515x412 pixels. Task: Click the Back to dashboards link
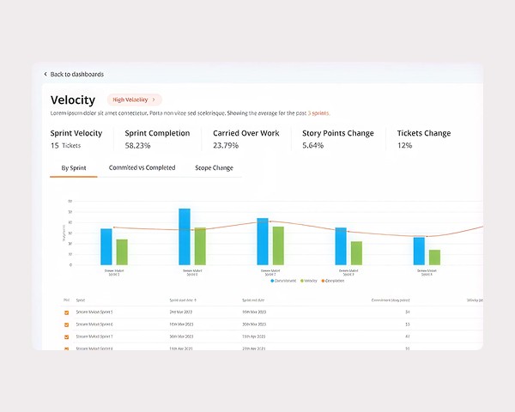click(76, 75)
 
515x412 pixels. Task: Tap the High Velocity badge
click(133, 100)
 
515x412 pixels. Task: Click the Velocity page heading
click(72, 100)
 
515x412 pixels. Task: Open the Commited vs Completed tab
click(142, 168)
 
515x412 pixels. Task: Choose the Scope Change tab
click(214, 168)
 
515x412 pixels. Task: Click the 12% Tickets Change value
click(404, 146)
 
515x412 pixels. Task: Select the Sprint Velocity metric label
click(76, 133)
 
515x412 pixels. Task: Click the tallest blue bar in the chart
click(185, 237)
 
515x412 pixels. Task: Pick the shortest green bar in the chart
click(434, 257)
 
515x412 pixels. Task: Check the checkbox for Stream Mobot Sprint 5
click(66, 312)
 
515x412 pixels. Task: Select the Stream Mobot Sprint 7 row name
click(94, 336)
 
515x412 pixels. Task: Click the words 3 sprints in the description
click(318, 113)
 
